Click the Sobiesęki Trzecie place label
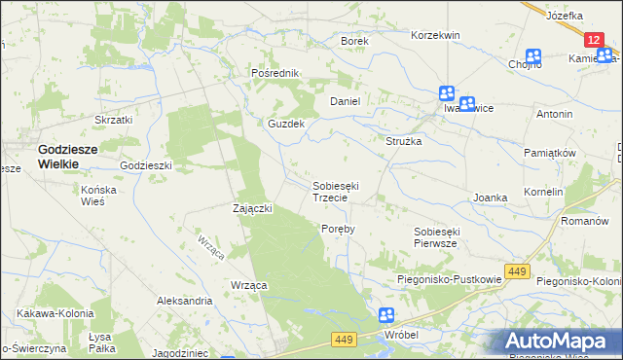(x=337, y=191)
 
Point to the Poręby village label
(x=338, y=229)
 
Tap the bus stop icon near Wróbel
(x=386, y=315)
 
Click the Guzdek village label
(x=287, y=125)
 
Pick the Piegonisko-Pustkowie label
(x=449, y=280)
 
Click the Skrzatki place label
(x=113, y=120)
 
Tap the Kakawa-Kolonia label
(x=55, y=313)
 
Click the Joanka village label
(x=491, y=198)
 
